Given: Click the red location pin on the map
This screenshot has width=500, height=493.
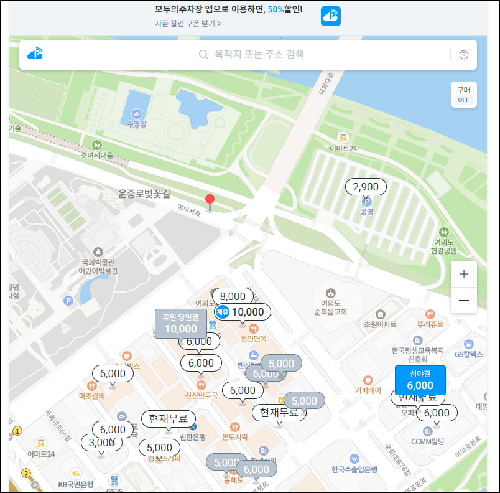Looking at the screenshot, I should pyautogui.click(x=210, y=200).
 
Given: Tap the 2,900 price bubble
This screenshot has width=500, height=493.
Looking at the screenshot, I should pyautogui.click(x=366, y=187).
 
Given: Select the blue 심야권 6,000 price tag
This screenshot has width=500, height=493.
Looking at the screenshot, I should pyautogui.click(x=420, y=380).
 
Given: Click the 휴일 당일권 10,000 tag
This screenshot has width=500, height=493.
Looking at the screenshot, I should pyautogui.click(x=180, y=323).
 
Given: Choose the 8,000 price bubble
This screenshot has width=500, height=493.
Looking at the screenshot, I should pyautogui.click(x=233, y=296).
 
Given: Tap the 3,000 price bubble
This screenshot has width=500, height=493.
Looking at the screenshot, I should pyautogui.click(x=101, y=443).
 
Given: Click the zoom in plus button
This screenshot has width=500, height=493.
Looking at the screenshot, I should pyautogui.click(x=464, y=274).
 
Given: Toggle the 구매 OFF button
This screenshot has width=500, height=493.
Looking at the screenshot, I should pyautogui.click(x=464, y=95).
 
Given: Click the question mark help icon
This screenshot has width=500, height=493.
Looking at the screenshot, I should pyautogui.click(x=464, y=55).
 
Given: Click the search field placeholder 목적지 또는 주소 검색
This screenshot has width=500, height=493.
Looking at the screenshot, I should pyautogui.click(x=259, y=55).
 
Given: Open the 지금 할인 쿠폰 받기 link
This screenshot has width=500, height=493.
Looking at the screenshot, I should pyautogui.click(x=188, y=24).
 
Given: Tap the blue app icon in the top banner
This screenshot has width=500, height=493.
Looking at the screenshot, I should pyautogui.click(x=331, y=16).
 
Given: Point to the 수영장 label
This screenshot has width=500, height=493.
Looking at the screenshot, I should pyautogui.click(x=136, y=123).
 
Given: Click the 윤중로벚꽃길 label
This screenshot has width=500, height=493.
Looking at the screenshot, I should pyautogui.click(x=144, y=194).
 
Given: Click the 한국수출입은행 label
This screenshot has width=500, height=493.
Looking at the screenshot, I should pyautogui.click(x=354, y=469).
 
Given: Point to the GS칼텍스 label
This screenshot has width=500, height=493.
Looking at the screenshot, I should pyautogui.click(x=469, y=354).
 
